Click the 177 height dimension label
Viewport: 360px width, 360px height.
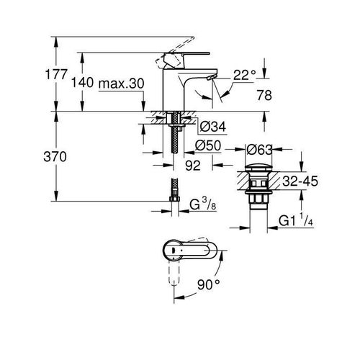click(56, 74)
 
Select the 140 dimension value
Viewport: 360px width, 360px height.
click(82, 83)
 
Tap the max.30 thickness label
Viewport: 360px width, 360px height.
click(122, 84)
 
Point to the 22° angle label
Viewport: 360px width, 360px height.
click(245, 75)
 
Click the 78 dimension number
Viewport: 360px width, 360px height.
click(264, 95)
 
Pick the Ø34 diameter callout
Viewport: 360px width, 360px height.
click(213, 127)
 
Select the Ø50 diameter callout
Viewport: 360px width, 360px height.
click(208, 145)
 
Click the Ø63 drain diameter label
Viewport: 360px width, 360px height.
click(259, 150)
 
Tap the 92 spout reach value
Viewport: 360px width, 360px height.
click(193, 166)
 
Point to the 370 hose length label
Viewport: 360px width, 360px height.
click(55, 157)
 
